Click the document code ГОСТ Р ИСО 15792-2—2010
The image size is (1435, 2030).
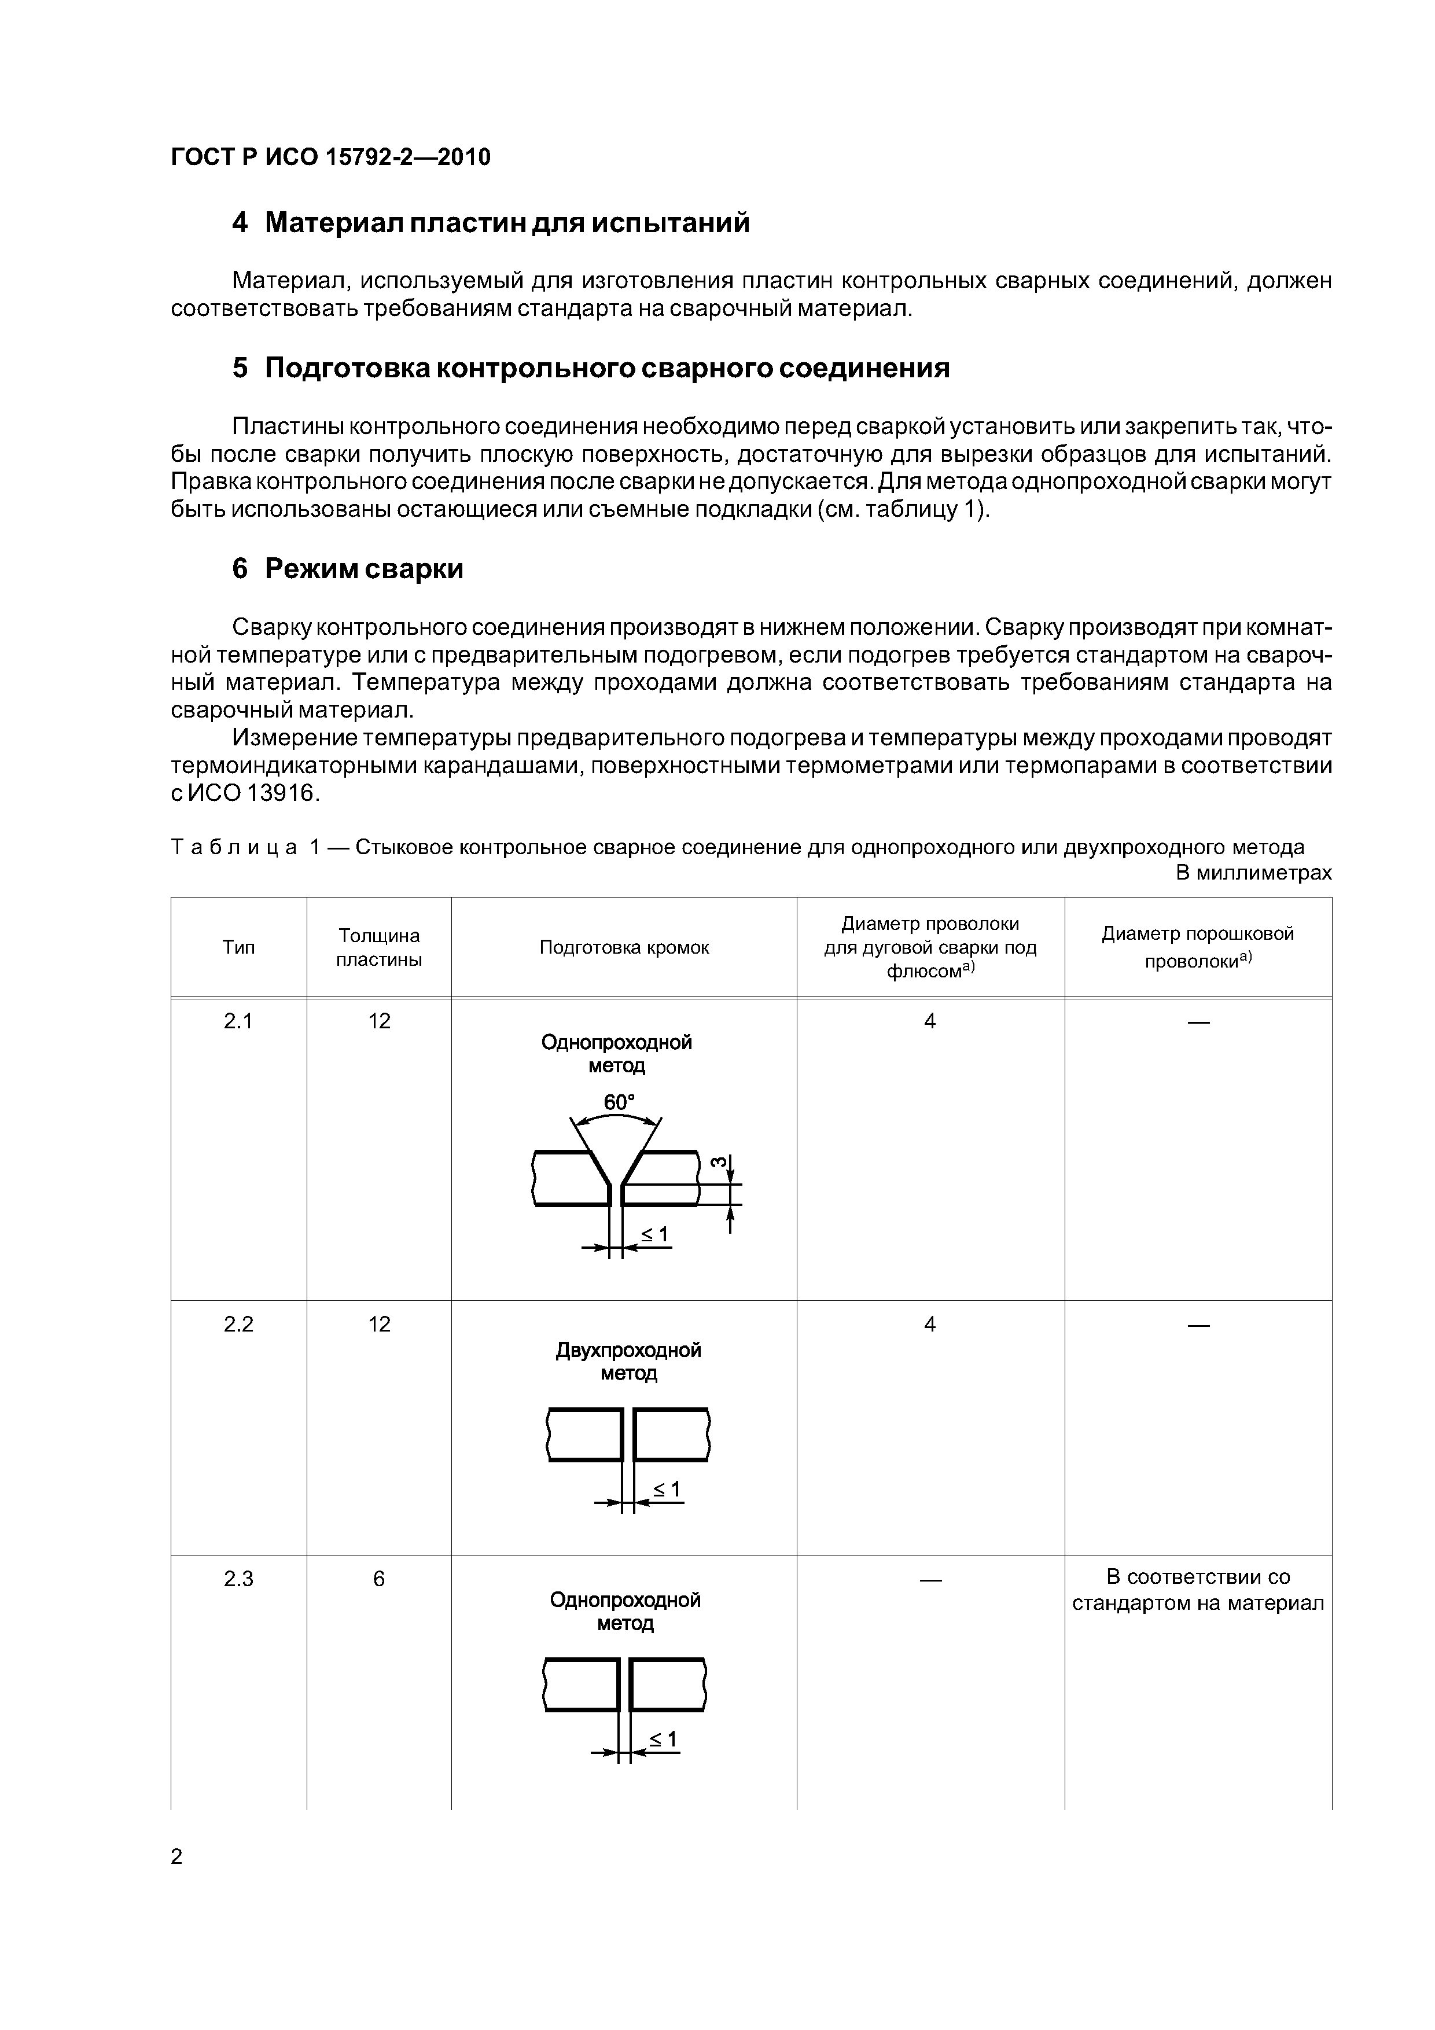330,157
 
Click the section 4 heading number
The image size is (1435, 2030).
240,223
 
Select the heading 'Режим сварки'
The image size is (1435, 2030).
363,568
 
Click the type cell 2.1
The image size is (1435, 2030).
239,1021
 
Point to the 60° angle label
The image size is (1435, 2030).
619,1102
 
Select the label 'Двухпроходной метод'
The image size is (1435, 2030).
628,1362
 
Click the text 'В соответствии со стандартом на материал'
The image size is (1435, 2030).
1197,1590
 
